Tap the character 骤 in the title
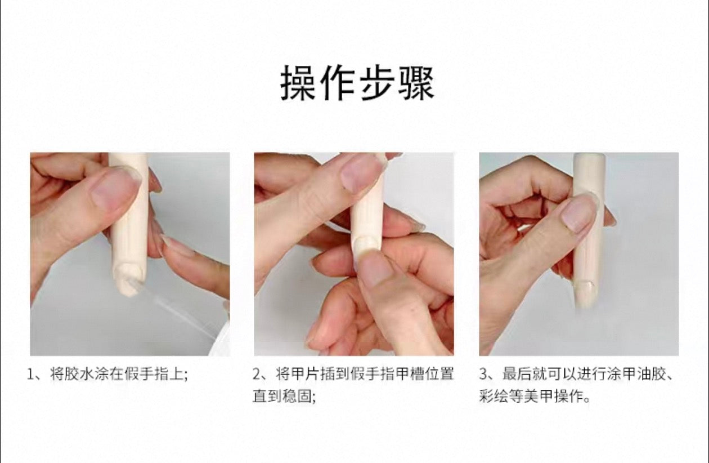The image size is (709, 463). [x=416, y=83]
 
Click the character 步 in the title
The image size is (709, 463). [x=376, y=83]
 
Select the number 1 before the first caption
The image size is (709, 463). [x=30, y=374]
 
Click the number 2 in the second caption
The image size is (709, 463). [x=257, y=374]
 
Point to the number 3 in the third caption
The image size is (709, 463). [x=483, y=374]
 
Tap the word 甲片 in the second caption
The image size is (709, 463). [x=306, y=374]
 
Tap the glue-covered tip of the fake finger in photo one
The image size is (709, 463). [x=129, y=279]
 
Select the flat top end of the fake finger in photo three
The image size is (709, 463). [x=590, y=156]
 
